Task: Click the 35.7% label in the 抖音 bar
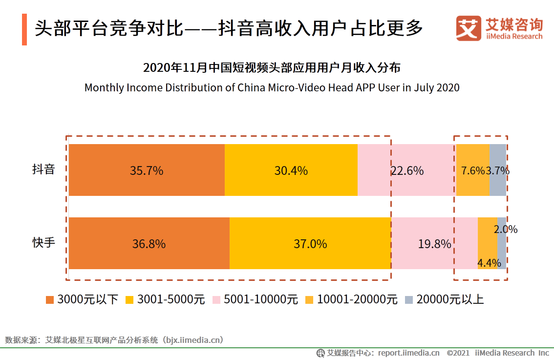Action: point(147,171)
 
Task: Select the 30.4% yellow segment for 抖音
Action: point(291,171)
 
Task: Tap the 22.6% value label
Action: point(407,171)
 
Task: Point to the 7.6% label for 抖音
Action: point(472,171)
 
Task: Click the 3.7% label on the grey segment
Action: point(498,171)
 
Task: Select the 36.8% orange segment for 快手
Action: point(149,244)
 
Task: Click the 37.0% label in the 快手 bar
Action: point(310,244)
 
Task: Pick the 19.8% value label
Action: point(434,244)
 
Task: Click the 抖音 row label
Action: point(43,170)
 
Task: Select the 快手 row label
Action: point(43,243)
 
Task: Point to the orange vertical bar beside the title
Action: point(24,30)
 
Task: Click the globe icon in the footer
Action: point(320,353)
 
